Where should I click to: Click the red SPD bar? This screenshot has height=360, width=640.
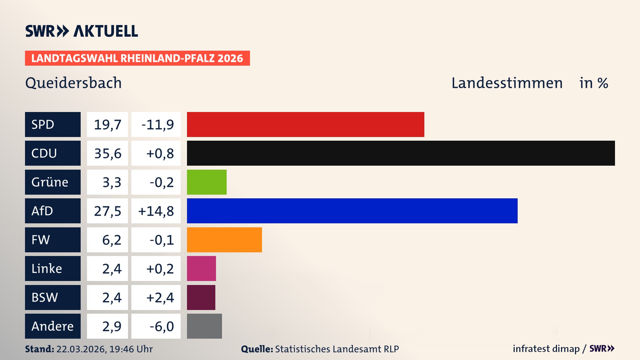pyautogui.click(x=305, y=124)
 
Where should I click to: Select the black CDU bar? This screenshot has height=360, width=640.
pyautogui.click(x=401, y=153)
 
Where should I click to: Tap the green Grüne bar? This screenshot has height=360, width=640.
pyautogui.click(x=207, y=182)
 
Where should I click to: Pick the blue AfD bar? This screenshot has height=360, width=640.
pyautogui.click(x=352, y=211)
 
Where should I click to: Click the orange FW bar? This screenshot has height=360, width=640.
pyautogui.click(x=224, y=240)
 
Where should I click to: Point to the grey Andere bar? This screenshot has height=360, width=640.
pyautogui.click(x=204, y=326)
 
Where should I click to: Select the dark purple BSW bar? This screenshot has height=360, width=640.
pyautogui.click(x=201, y=297)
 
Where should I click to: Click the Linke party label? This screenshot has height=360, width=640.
pyautogui.click(x=47, y=269)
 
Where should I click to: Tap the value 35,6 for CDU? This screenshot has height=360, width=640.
pyautogui.click(x=108, y=153)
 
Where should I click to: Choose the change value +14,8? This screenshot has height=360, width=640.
pyautogui.click(x=156, y=211)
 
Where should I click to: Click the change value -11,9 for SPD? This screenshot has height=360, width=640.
pyautogui.click(x=157, y=125)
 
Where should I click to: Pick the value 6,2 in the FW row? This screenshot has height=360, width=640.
pyautogui.click(x=112, y=240)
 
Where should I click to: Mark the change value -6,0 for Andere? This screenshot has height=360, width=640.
pyautogui.click(x=162, y=326)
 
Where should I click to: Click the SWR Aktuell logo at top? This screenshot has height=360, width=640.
pyautogui.click(x=82, y=31)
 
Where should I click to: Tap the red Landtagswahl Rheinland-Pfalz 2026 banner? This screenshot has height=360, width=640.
pyautogui.click(x=137, y=58)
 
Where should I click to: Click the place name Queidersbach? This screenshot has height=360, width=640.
pyautogui.click(x=73, y=83)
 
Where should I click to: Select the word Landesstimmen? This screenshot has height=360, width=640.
pyautogui.click(x=507, y=83)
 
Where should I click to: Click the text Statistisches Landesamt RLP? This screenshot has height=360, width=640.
pyautogui.click(x=337, y=349)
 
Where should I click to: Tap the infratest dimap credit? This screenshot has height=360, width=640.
pyautogui.click(x=546, y=349)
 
